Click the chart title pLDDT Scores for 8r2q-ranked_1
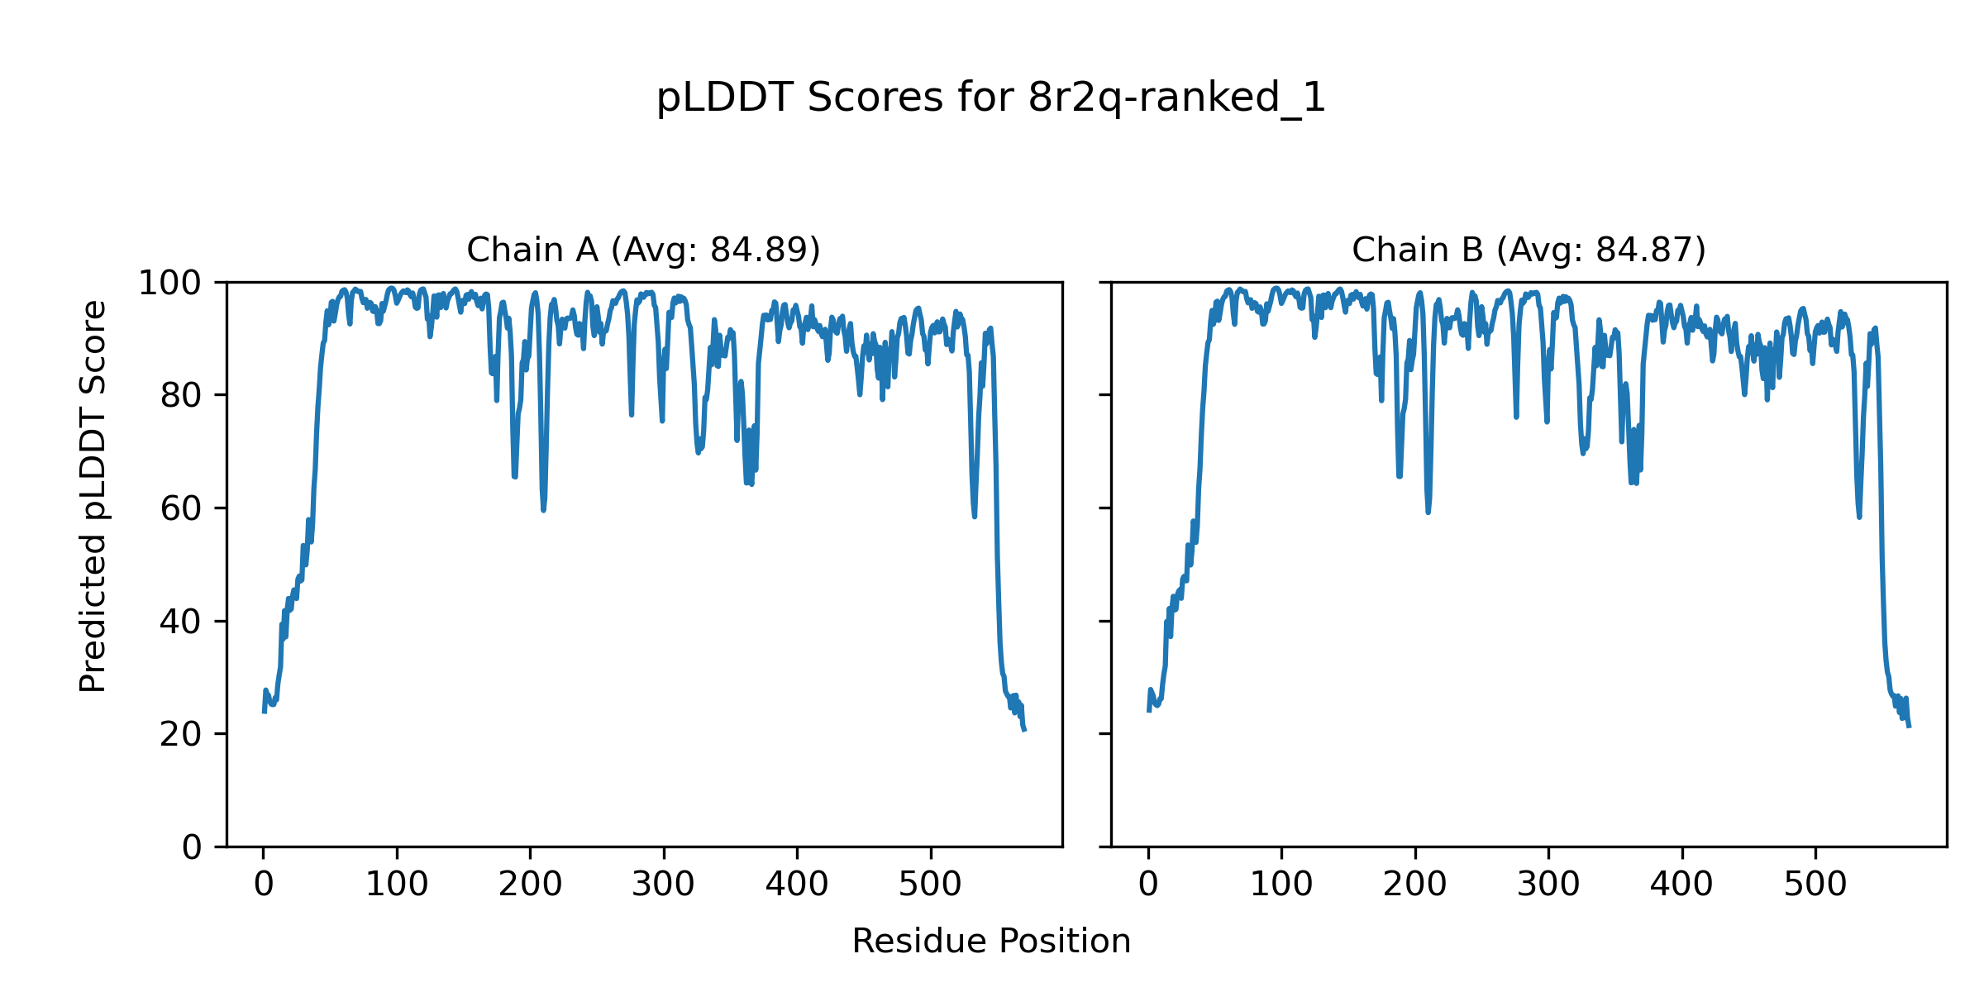pos(990,98)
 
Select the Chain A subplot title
pos(643,250)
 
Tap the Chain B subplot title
pos(1529,250)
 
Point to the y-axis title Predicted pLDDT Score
pos(93,496)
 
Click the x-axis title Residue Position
pos(990,942)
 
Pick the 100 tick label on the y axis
pos(169,284)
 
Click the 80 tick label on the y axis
pos(181,396)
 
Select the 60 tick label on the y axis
pos(181,508)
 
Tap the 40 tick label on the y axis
pos(181,622)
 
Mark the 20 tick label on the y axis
pos(181,734)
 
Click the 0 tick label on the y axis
pos(192,847)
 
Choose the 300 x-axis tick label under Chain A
pos(663,885)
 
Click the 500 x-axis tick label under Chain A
pos(930,885)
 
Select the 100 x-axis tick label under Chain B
pos(1281,885)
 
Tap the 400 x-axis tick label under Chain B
pos(1681,885)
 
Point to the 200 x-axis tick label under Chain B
pos(1414,885)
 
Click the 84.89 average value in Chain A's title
pos(761,250)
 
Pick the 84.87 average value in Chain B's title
pos(1646,250)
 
